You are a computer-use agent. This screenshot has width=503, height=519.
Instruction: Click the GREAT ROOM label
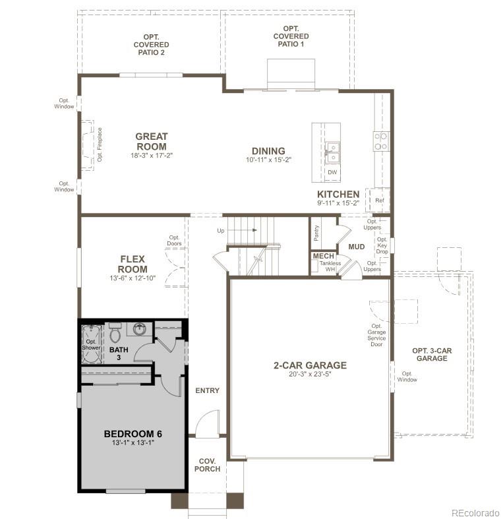pyautogui.click(x=152, y=141)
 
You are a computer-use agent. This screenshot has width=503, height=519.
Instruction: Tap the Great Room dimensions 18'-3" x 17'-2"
pyautogui.click(x=152, y=156)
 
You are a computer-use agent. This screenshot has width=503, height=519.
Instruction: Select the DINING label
pyautogui.click(x=268, y=151)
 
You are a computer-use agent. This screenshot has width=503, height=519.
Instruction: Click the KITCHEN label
pyautogui.click(x=338, y=194)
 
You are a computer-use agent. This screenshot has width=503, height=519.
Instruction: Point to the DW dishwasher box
pyautogui.click(x=332, y=172)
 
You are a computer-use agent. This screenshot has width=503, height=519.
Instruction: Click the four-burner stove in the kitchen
pyautogui.click(x=381, y=141)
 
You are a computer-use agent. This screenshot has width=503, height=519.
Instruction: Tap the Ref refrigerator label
pyautogui.click(x=379, y=200)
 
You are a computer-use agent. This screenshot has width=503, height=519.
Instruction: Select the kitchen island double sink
pyautogui.click(x=332, y=152)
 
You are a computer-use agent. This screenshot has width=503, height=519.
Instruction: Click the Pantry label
pyautogui.click(x=317, y=232)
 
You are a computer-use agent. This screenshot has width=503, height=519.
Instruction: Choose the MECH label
pyautogui.click(x=323, y=256)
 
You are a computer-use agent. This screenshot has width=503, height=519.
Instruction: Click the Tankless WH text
pyautogui.click(x=330, y=266)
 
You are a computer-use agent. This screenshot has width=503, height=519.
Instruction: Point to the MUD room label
pyautogui.click(x=357, y=247)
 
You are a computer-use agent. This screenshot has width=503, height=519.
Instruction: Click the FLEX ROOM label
pyautogui.click(x=133, y=264)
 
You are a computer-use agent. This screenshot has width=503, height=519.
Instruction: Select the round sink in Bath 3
pyautogui.click(x=140, y=329)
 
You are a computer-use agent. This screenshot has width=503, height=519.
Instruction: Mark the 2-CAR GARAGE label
pyautogui.click(x=310, y=365)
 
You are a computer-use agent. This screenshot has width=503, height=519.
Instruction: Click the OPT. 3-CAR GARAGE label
pyautogui.click(x=431, y=354)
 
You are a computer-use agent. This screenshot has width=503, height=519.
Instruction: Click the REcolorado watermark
pyautogui.click(x=475, y=512)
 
